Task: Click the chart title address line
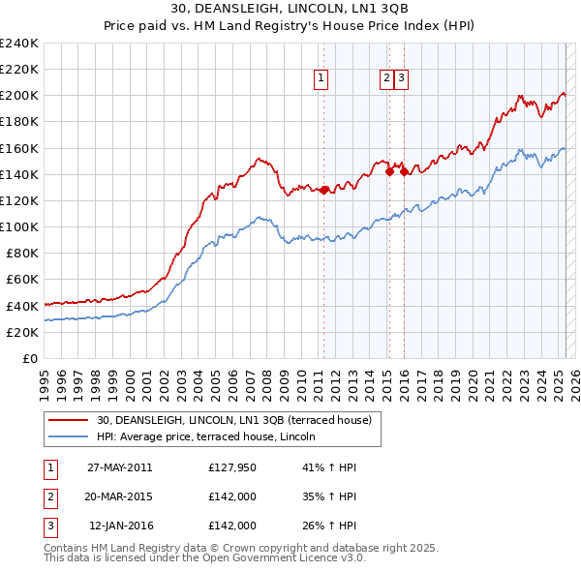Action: click(x=290, y=9)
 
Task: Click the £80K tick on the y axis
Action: click(x=21, y=254)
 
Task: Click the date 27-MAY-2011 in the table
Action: click(x=119, y=467)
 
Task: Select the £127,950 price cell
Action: click(x=231, y=467)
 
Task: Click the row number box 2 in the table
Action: click(x=49, y=496)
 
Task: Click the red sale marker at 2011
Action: click(x=324, y=190)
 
